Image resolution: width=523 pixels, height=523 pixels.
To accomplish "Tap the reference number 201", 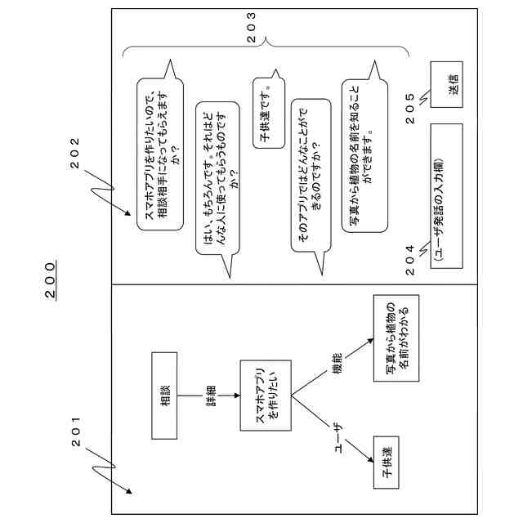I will point(78,432).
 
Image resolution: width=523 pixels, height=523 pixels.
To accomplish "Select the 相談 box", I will point(166,394).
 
